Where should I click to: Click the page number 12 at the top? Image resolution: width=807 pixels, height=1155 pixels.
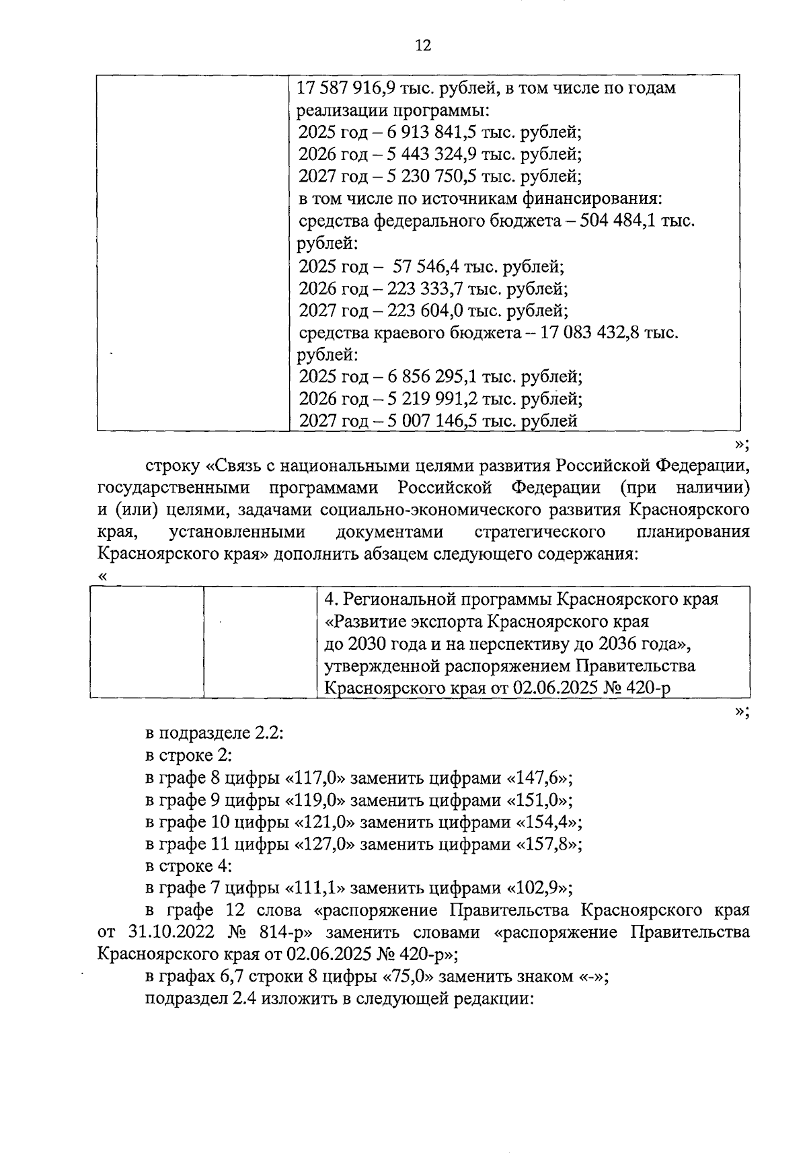point(422,45)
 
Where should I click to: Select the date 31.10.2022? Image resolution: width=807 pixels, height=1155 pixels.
point(167,933)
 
